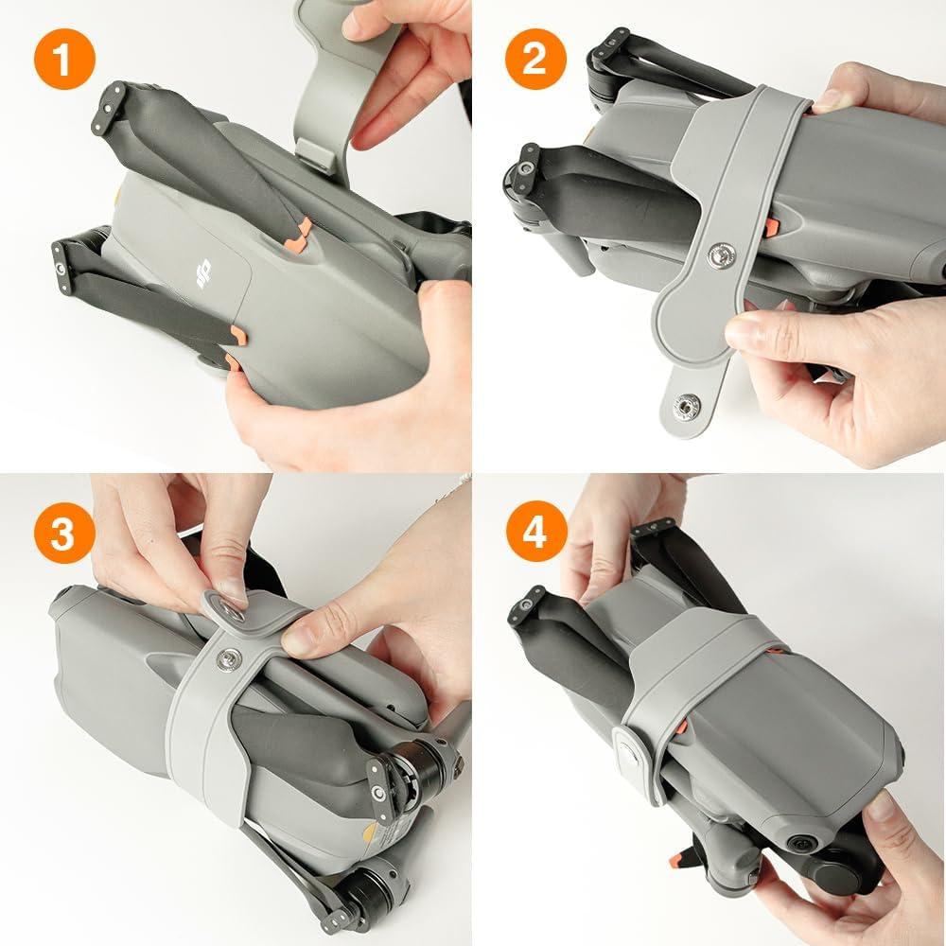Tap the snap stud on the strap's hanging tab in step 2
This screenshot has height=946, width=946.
point(683,408)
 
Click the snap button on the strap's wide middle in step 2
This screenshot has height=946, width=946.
point(720,254)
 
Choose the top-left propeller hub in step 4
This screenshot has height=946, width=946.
point(524,606)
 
